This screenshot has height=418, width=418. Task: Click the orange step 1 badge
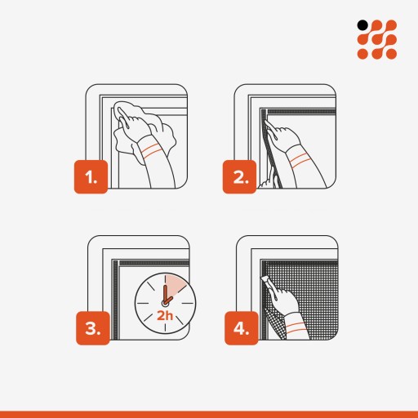pyautogui.click(x=91, y=177)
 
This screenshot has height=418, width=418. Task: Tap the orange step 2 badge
pyautogui.click(x=239, y=177)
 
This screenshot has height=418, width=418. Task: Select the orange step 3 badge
pyautogui.click(x=93, y=328)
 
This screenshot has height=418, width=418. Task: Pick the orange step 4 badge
pyautogui.click(x=242, y=328)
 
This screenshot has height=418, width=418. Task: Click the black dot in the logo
pyautogui.click(x=362, y=25)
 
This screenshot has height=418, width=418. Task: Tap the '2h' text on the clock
pyautogui.click(x=165, y=316)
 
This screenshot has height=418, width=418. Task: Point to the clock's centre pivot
pyautogui.click(x=164, y=303)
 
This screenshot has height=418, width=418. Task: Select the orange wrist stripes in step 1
pyautogui.click(x=150, y=151)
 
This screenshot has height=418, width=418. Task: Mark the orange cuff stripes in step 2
pyautogui.click(x=300, y=160)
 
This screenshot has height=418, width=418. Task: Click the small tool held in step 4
pyautogui.click(x=267, y=283)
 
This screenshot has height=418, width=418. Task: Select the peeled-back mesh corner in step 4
pyautogui.click(x=275, y=324)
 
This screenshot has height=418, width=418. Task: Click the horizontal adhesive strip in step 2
pyautogui.click(x=300, y=112)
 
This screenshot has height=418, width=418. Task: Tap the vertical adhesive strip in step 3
pyautogui.click(x=116, y=300)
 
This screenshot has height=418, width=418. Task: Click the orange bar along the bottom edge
pyautogui.click(x=209, y=415)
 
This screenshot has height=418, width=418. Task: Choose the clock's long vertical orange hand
pyautogui.click(x=165, y=294)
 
